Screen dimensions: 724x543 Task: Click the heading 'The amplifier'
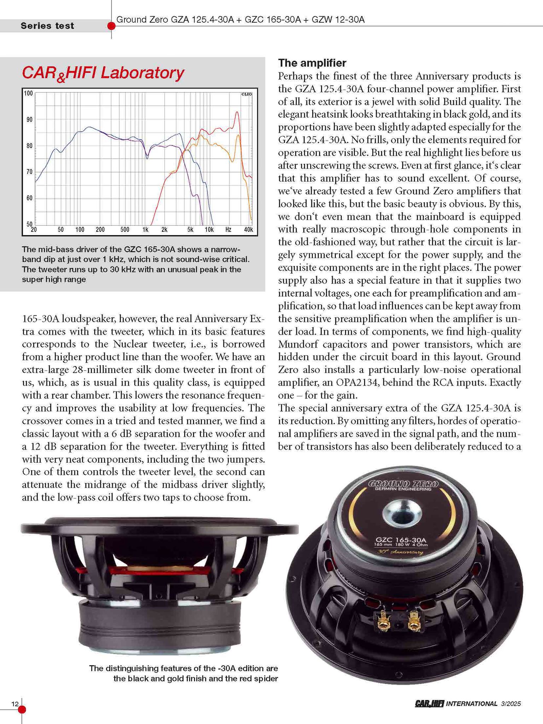tap(312, 63)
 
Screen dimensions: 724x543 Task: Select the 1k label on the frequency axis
tap(145, 229)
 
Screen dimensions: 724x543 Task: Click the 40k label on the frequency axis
tap(249, 229)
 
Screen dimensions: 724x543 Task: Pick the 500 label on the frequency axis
tap(125, 229)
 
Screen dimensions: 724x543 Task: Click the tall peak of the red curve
tap(237, 112)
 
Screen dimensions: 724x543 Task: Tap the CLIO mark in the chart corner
tap(246, 94)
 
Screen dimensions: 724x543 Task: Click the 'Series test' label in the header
tap(47, 26)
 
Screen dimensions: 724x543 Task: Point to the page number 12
tap(15, 703)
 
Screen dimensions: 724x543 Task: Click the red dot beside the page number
tap(22, 709)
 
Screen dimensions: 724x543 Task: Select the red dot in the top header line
tap(111, 26)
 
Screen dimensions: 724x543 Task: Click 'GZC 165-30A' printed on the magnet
tap(401, 540)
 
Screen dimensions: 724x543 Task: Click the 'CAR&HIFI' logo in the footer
tap(429, 703)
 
